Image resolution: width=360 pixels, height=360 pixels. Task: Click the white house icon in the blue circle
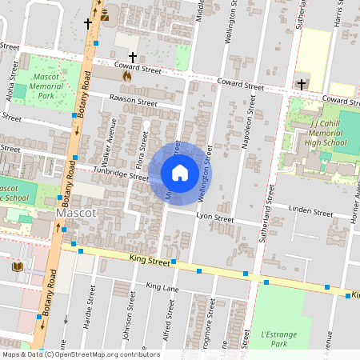click(x=180, y=172)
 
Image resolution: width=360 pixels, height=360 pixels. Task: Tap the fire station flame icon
click(x=126, y=76)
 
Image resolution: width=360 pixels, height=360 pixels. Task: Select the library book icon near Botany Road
click(x=18, y=266)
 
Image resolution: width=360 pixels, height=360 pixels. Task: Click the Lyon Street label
click(x=214, y=218)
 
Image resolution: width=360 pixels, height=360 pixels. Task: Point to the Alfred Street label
click(x=169, y=326)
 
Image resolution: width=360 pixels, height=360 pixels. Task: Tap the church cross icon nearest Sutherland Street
click(x=302, y=83)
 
